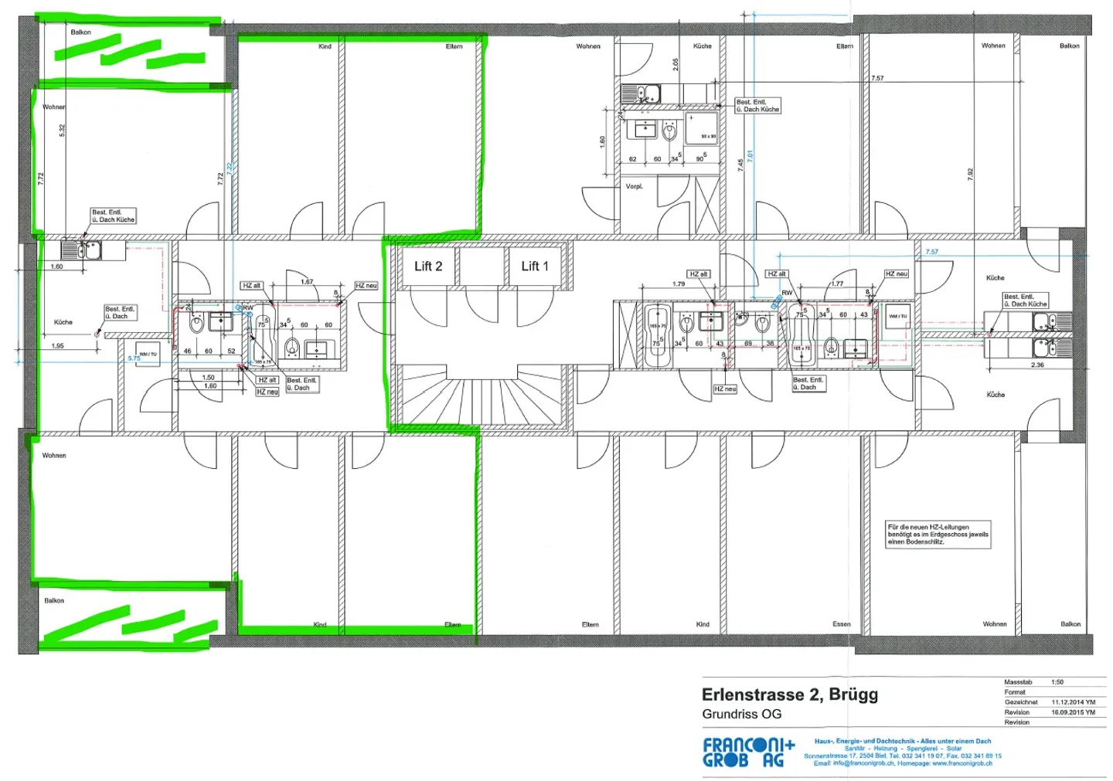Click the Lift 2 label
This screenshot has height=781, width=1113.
click(428, 267)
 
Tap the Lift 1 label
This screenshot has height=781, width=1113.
click(535, 267)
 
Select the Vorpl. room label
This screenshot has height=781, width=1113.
click(634, 186)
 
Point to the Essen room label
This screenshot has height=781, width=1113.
click(842, 624)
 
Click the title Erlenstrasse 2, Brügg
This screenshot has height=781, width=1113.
click(789, 694)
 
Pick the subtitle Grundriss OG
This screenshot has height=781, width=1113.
click(741, 715)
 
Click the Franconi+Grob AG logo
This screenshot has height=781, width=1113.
click(748, 752)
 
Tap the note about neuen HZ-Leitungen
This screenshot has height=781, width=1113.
click(938, 535)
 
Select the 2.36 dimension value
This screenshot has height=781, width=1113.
click(1037, 365)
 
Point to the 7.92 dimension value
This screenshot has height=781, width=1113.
click(970, 175)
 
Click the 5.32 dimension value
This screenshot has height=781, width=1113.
click(63, 131)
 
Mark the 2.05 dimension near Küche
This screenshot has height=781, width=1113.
click(676, 64)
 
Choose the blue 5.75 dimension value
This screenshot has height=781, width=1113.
click(134, 358)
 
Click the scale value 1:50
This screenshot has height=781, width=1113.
click(1057, 682)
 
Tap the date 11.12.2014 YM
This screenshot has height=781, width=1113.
click(1073, 702)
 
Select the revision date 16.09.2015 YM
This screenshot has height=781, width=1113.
click(1073, 712)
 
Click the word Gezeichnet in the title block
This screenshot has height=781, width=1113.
click(1021, 702)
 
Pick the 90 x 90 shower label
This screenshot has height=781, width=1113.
click(708, 137)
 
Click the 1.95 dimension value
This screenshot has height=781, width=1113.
click(58, 346)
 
